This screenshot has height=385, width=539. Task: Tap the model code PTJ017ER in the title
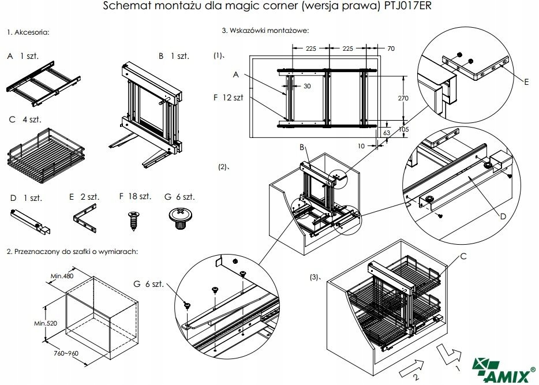(x=407, y=7)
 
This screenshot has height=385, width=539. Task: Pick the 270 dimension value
(x=403, y=98)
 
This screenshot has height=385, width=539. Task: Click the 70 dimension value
(x=391, y=48)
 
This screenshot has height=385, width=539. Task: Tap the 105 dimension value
(x=403, y=129)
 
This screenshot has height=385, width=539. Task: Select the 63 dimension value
(x=387, y=133)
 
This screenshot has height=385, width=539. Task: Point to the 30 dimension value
(x=306, y=85)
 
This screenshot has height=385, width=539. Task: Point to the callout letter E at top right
(x=527, y=83)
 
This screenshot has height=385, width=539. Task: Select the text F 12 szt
(x=228, y=98)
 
